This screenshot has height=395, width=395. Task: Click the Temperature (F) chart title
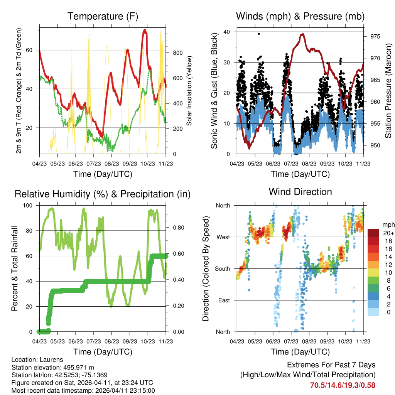click(x=102, y=17)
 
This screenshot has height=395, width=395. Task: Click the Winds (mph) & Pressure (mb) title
click(x=300, y=17)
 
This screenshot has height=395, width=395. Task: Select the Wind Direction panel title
click(x=300, y=192)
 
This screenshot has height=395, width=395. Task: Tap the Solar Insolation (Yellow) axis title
click(x=189, y=91)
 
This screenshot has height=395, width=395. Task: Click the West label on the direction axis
click(x=223, y=237)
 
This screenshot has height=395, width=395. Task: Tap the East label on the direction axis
click(x=223, y=300)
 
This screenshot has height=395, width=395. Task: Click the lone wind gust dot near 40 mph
click(x=259, y=34)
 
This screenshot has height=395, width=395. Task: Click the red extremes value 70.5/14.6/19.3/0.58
click(x=343, y=385)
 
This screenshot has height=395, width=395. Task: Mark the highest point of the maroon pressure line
click(x=303, y=34)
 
